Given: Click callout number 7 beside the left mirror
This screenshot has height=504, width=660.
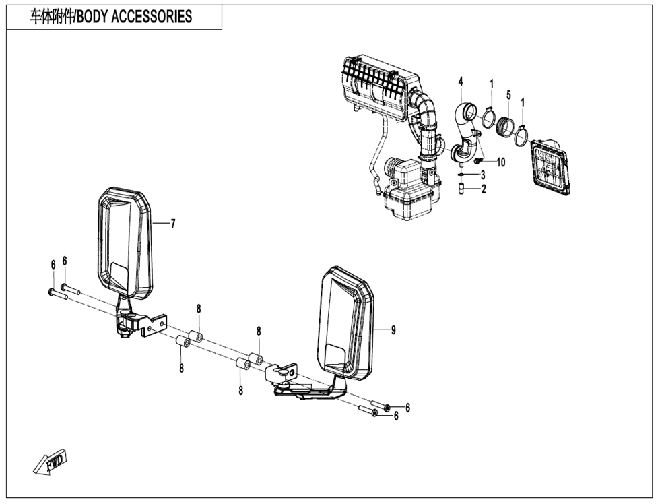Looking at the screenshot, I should click(173, 224).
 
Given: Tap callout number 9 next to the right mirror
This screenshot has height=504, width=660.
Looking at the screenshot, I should click(394, 329).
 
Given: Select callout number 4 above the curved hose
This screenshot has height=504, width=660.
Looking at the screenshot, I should click(461, 82).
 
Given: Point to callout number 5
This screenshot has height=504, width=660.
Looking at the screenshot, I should click(508, 94).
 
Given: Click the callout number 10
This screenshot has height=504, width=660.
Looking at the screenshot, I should click(500, 162).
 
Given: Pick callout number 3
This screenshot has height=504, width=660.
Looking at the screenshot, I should click(483, 175).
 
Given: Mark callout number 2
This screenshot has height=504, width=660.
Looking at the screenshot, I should click(483, 189).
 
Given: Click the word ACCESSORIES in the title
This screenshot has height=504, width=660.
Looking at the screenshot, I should click(147, 17).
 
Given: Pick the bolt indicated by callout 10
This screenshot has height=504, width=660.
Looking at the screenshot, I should click(477, 162).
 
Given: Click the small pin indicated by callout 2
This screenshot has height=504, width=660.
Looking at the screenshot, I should click(460, 189).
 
